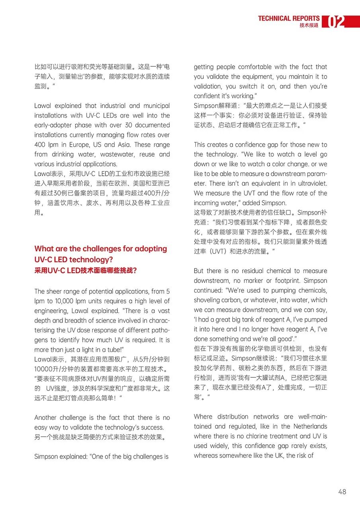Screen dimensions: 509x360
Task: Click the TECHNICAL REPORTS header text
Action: [x=288, y=18]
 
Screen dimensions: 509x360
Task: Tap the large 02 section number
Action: [x=336, y=22]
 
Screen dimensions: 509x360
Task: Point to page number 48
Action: [x=342, y=492]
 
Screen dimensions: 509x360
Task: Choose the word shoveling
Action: [x=210, y=300]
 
